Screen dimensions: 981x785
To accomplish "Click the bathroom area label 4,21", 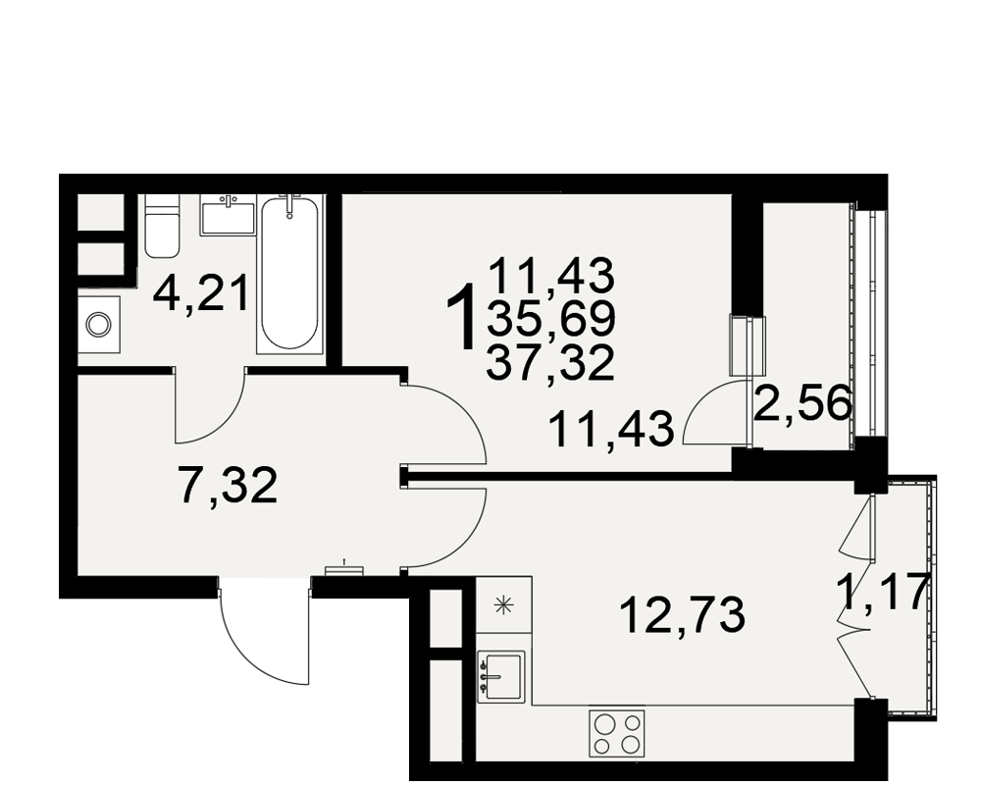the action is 201,292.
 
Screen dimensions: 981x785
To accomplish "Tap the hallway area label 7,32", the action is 228,486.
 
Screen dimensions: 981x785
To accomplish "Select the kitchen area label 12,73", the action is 682,614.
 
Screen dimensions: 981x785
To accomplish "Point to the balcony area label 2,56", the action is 803,404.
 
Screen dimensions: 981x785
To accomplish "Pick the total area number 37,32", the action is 550,364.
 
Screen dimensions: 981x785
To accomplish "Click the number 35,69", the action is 550,319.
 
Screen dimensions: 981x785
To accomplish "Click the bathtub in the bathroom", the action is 289,274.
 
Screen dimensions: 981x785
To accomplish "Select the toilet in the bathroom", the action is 162,226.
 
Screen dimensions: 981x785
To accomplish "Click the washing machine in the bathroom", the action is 99,324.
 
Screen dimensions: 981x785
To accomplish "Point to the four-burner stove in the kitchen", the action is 617,734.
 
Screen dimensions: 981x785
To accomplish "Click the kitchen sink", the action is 501,677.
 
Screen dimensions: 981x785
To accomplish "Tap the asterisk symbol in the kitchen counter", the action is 502,604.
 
